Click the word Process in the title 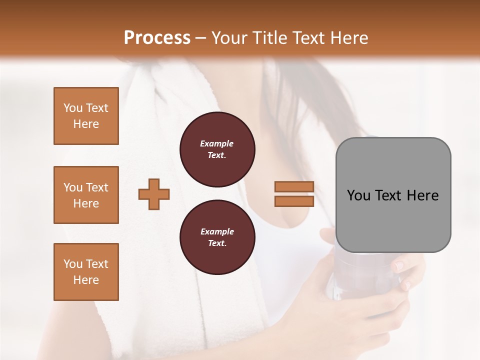(157, 38)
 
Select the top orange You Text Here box (86, 116)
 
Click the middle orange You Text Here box (86, 195)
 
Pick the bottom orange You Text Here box (86, 272)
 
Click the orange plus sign (154, 194)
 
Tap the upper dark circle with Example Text (217, 149)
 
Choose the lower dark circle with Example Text (217, 237)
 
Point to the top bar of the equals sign (294, 186)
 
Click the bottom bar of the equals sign (294, 201)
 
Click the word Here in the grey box (422, 195)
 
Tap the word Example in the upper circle (217, 143)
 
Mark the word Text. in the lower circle (217, 243)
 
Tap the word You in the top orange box (73, 108)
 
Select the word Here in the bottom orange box (86, 280)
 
